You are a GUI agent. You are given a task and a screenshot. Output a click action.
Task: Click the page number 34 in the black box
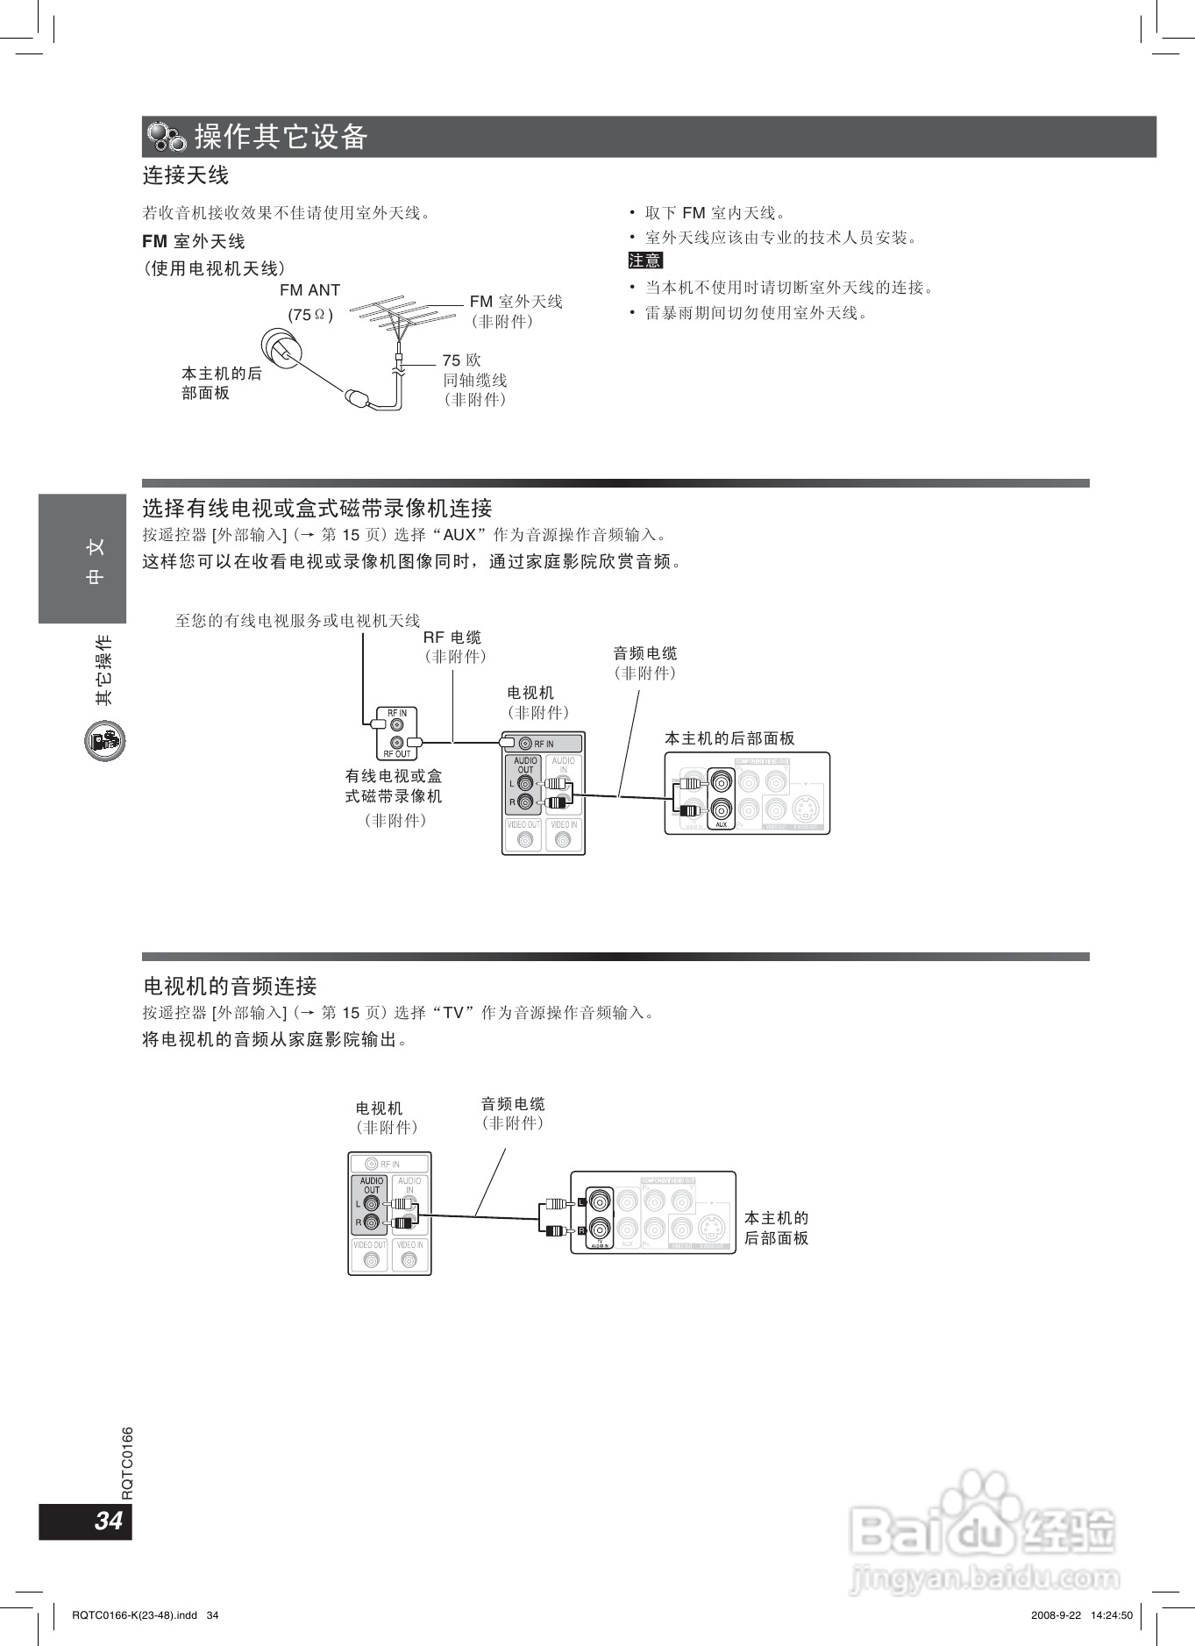pyautogui.click(x=108, y=1520)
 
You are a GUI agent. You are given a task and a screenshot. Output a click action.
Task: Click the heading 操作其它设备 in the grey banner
pyautogui.click(x=281, y=137)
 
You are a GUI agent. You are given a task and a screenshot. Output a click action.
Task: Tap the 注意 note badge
pyautogui.click(x=645, y=260)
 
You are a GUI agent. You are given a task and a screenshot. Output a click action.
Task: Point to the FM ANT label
pyautogui.click(x=309, y=290)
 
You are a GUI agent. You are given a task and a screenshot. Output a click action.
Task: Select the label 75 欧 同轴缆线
pyautogui.click(x=474, y=380)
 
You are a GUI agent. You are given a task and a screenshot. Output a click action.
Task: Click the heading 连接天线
pyautogui.click(x=185, y=175)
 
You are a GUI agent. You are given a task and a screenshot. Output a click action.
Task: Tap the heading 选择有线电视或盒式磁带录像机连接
pyautogui.click(x=317, y=509)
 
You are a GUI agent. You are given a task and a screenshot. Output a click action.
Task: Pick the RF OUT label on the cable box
pyautogui.click(x=397, y=754)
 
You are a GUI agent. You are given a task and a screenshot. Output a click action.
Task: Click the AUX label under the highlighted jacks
pyautogui.click(x=721, y=824)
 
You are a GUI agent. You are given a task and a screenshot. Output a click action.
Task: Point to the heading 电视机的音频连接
pyautogui.click(x=230, y=987)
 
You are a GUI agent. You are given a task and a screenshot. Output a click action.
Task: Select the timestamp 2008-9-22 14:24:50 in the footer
pyautogui.click(x=1082, y=1615)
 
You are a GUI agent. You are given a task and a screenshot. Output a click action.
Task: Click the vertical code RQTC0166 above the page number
pyautogui.click(x=128, y=1463)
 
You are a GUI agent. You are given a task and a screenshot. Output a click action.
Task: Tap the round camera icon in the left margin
pyautogui.click(x=105, y=741)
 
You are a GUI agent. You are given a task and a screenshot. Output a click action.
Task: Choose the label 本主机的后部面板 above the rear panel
pyautogui.click(x=729, y=738)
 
